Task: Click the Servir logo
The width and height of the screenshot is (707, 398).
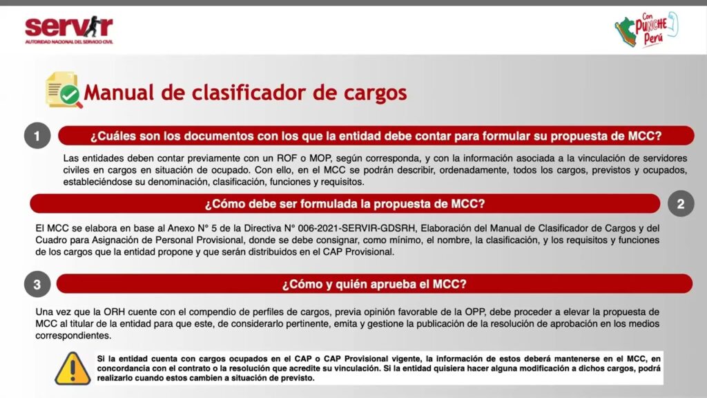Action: [x=69, y=30]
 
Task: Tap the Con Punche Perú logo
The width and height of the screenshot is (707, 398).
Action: [x=646, y=29]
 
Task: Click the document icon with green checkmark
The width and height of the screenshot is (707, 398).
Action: [x=63, y=90]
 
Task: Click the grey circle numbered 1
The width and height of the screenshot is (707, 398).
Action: [x=37, y=135]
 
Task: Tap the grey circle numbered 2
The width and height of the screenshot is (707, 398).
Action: [x=680, y=204]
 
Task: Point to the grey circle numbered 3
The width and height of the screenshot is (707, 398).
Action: [x=37, y=284]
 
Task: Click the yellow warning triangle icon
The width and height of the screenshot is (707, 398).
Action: [x=72, y=369]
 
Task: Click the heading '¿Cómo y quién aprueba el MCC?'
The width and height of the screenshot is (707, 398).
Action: [x=374, y=284]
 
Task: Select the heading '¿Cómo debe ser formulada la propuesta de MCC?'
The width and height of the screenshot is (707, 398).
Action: [x=345, y=204]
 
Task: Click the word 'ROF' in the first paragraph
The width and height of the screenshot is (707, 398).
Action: [x=287, y=158]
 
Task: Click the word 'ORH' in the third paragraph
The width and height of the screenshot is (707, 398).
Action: [x=115, y=312]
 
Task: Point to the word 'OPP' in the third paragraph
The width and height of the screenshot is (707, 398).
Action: [x=475, y=312]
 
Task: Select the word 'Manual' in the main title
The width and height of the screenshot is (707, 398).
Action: [x=119, y=93]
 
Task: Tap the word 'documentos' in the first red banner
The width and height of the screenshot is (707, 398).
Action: [x=218, y=136]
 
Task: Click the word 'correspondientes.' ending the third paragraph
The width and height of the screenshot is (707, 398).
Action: [x=73, y=336]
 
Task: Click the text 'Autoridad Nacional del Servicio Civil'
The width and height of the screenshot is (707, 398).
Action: [x=69, y=42]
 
